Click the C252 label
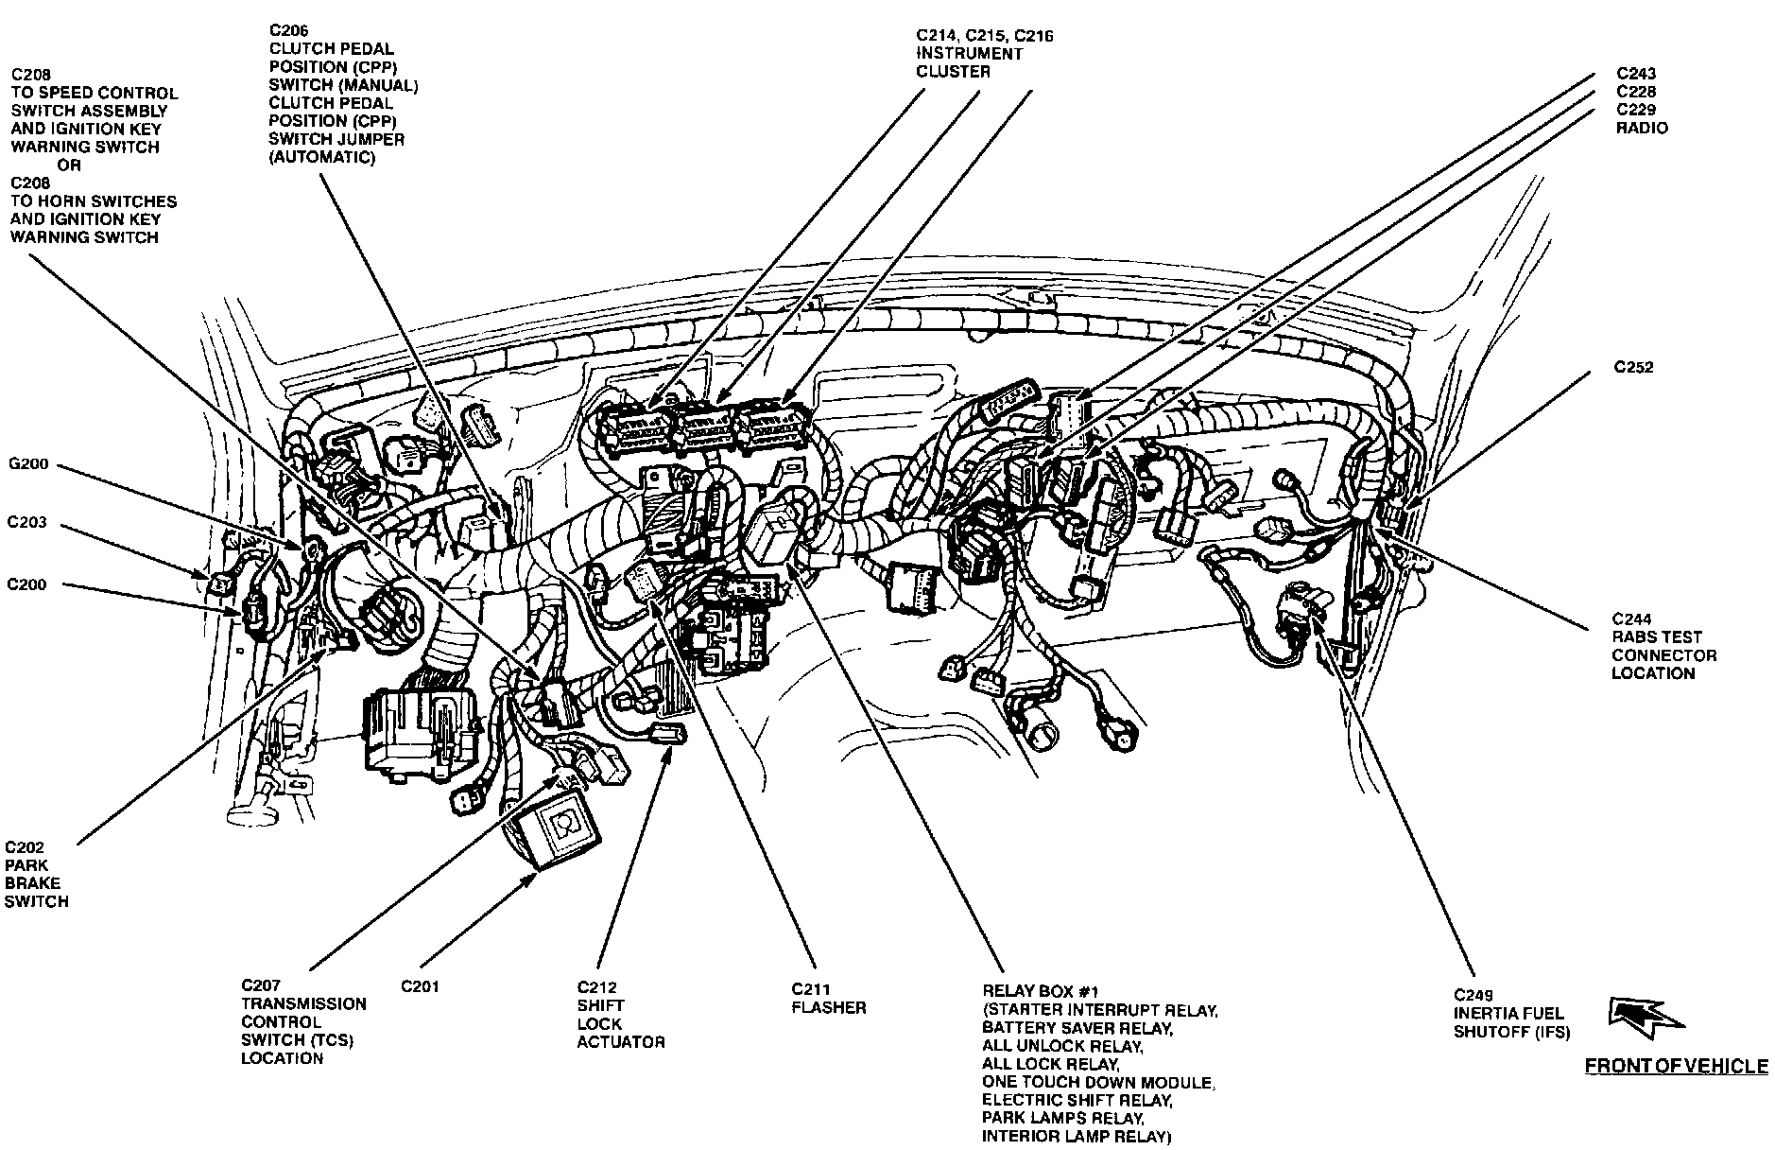click(1634, 367)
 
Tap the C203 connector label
click(26, 522)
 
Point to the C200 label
click(26, 584)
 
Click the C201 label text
click(420, 986)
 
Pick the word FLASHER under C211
click(828, 1008)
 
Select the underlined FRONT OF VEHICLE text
click(1676, 1067)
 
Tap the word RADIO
click(1642, 128)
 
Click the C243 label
click(1635, 74)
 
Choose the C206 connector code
click(288, 30)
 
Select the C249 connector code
click(1473, 995)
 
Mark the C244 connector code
click(1632, 619)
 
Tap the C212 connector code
click(596, 988)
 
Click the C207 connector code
click(261, 986)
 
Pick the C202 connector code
click(25, 847)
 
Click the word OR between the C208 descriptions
click(70, 166)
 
